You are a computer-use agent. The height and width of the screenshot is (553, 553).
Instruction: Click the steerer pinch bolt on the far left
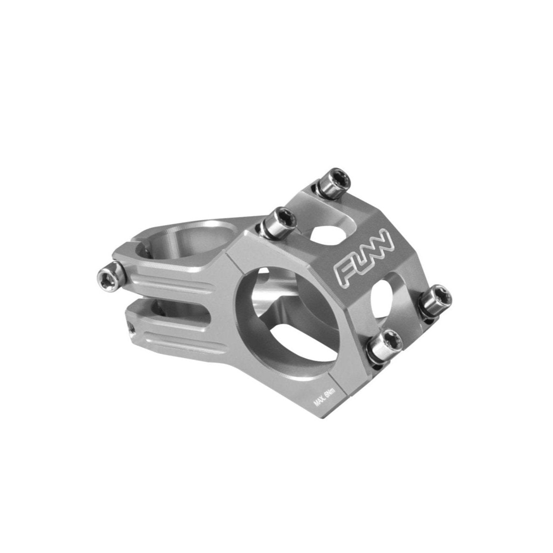click(110, 275)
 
